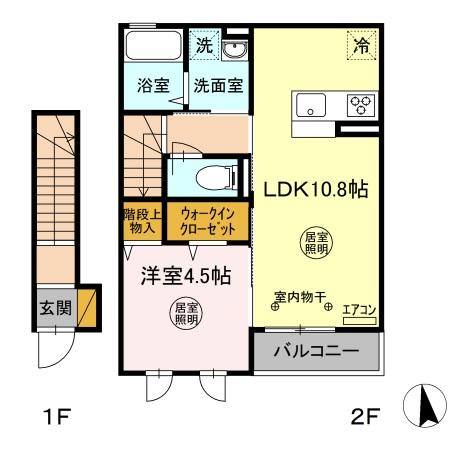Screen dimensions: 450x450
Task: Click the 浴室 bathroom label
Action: coord(153,86)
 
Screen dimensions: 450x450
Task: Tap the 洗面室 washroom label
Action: coord(218,86)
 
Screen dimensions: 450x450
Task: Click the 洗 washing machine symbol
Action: coord(203,45)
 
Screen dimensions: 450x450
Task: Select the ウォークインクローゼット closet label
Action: coord(208,220)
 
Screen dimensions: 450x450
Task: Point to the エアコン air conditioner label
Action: coord(358,311)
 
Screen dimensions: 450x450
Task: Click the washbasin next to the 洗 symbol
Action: coord(235,49)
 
